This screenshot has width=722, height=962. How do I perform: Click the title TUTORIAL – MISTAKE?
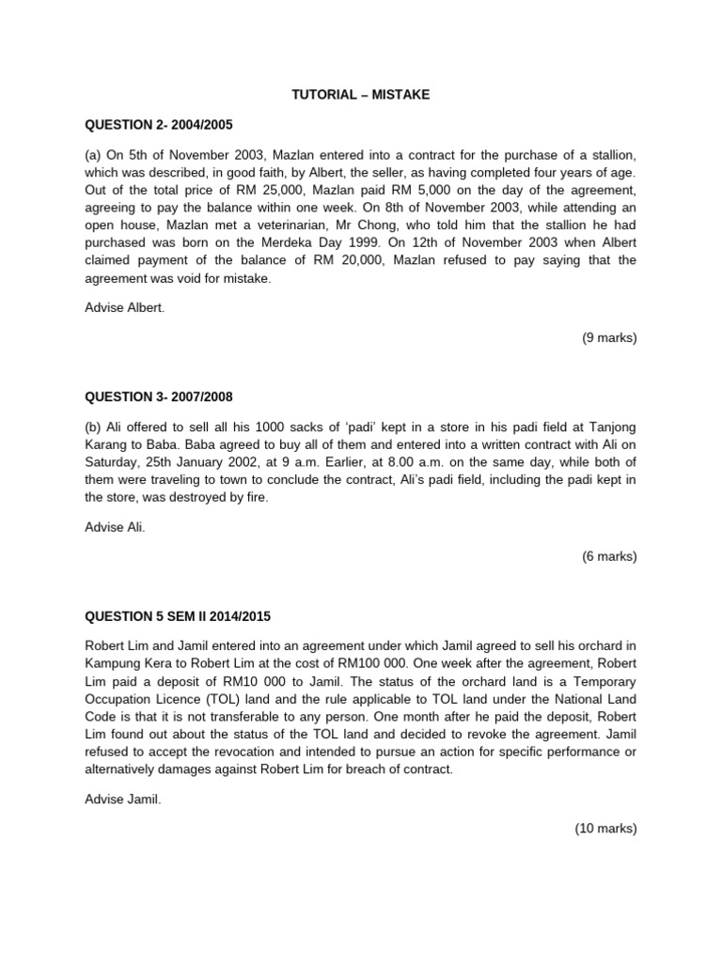point(360,94)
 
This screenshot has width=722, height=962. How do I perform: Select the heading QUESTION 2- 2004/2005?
point(158,124)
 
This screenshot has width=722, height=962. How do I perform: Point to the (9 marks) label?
point(608,338)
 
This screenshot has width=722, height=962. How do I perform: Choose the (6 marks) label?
point(608,556)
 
